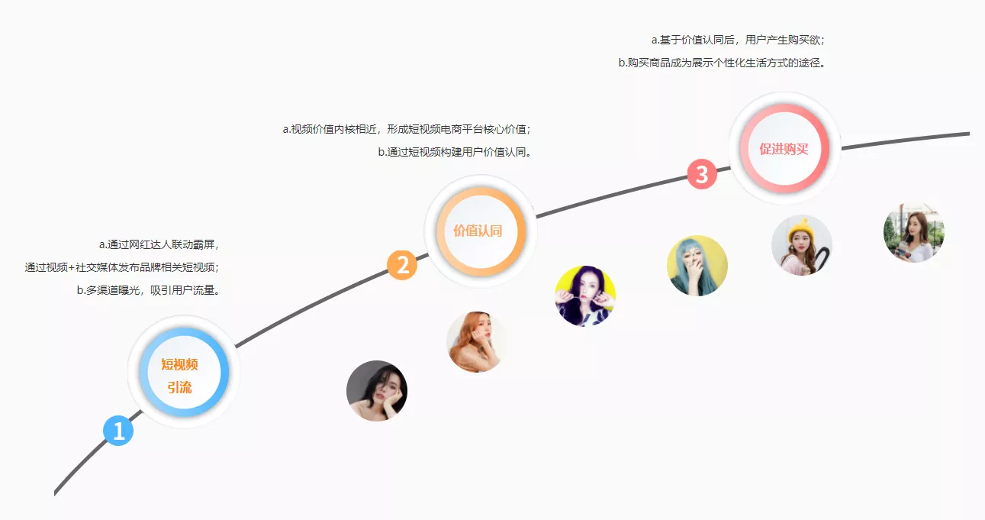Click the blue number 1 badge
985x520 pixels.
118,431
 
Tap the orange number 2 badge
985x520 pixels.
402,265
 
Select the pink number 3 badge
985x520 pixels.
702,174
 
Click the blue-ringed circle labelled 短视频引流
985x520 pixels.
184,372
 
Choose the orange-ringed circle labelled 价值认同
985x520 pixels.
481,231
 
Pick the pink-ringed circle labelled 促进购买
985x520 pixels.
784,148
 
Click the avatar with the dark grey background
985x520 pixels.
377,391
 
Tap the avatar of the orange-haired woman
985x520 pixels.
476,342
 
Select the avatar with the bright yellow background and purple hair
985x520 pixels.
585,296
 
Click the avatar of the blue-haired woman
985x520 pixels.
697,265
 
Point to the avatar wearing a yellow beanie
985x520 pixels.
802,245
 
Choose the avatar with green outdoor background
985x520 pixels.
914,232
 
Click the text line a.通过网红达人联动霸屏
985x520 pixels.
159,244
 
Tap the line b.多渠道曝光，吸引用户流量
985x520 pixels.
148,290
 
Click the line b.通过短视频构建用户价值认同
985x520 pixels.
455,152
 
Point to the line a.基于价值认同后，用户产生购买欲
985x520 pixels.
738,40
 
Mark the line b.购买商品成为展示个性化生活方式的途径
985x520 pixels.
722,63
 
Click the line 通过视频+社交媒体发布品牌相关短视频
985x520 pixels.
121,267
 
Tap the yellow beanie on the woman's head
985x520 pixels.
801,231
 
